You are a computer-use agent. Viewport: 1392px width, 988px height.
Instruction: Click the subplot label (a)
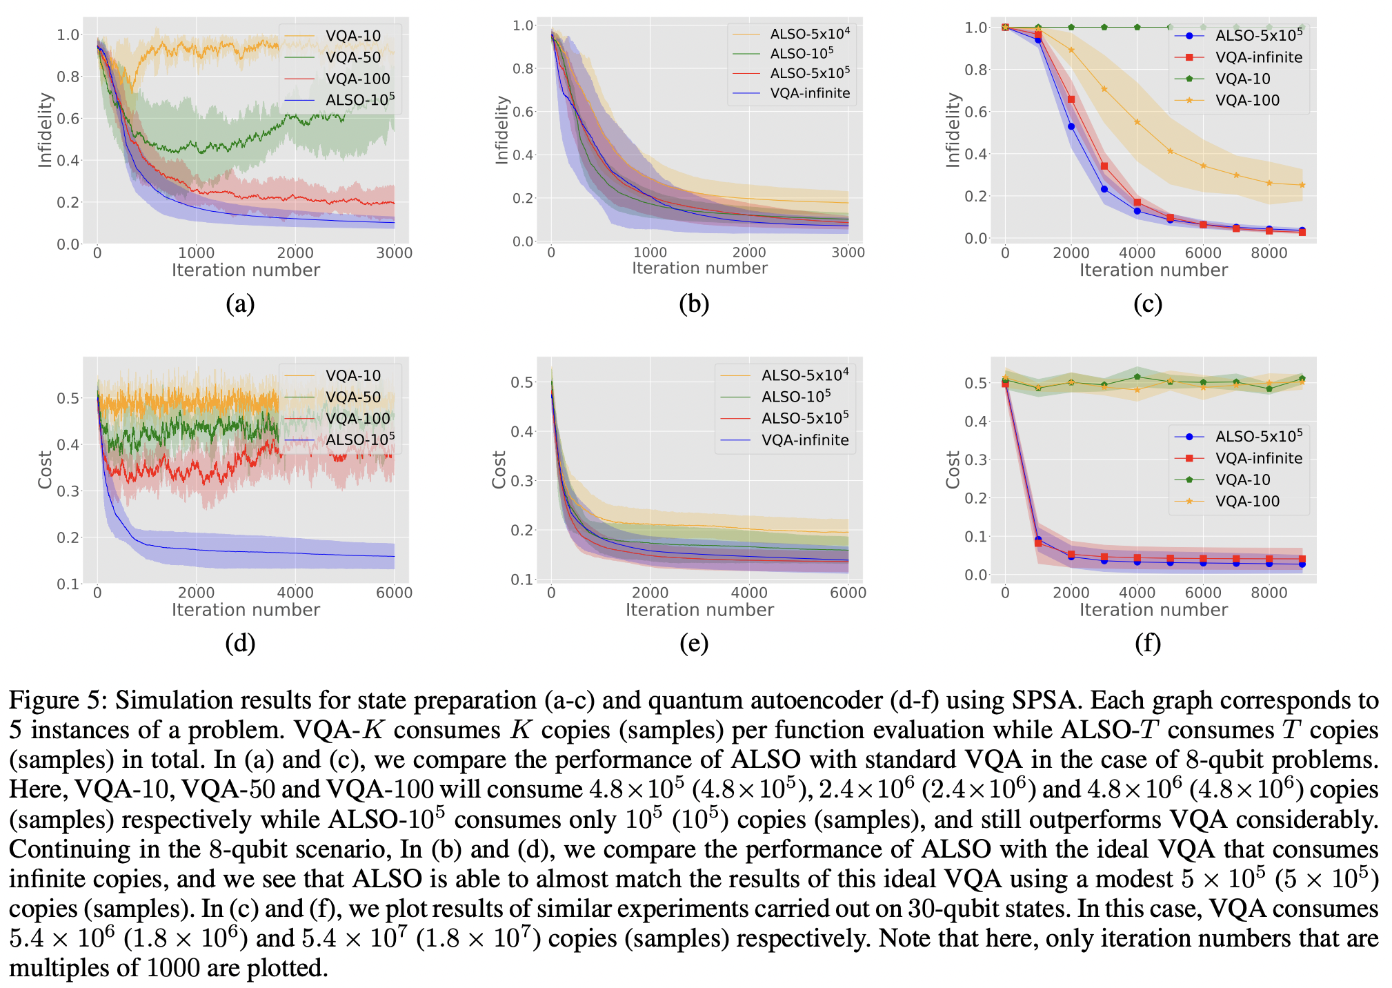[x=240, y=304]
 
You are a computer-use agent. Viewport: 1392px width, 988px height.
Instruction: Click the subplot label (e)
[x=694, y=643]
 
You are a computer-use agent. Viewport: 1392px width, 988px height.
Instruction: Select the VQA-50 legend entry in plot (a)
[x=352, y=57]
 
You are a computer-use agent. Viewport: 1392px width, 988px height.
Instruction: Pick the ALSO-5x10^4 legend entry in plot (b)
[x=809, y=33]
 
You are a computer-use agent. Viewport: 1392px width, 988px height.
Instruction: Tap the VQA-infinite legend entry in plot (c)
[x=1258, y=57]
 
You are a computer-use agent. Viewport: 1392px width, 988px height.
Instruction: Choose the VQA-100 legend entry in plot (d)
[x=357, y=418]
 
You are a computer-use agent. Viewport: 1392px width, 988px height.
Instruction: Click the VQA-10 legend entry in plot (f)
[x=1242, y=480]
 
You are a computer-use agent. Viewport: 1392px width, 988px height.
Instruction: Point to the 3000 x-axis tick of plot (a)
[x=394, y=253]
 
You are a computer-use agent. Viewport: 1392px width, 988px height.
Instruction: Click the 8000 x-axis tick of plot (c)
[x=1269, y=253]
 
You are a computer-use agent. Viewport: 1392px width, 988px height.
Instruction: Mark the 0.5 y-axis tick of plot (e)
[x=521, y=382]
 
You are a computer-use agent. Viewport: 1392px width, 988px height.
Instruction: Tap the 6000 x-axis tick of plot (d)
[x=394, y=593]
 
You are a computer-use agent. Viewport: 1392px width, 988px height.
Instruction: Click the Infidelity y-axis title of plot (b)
[x=501, y=130]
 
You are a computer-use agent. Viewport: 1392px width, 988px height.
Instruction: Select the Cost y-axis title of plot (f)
[x=953, y=470]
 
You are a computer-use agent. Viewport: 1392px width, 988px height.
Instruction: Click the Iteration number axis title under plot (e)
[x=699, y=610]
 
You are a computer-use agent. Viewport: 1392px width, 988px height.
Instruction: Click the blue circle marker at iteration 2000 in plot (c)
[x=1071, y=126]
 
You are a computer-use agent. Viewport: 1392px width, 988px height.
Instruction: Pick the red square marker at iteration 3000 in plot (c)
[x=1104, y=166]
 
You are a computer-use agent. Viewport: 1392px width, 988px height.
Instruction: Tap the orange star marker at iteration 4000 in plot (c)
[x=1137, y=122]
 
